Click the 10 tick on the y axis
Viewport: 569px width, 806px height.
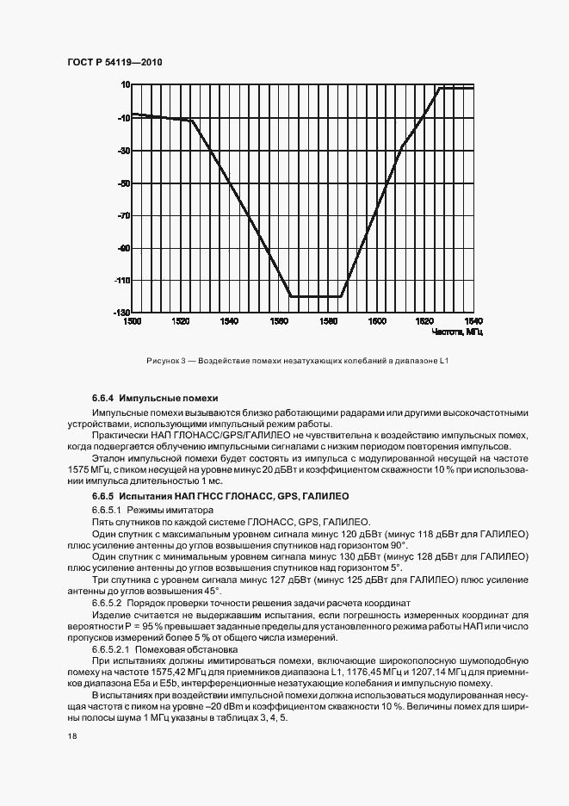(x=124, y=85)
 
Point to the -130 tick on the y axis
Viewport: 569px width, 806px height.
(x=122, y=312)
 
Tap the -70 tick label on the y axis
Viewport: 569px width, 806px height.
(x=124, y=216)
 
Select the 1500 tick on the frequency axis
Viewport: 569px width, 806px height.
(x=132, y=321)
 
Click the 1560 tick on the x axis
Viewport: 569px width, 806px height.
(x=278, y=321)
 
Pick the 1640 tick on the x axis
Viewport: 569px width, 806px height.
(x=473, y=321)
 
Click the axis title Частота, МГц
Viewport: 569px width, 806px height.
(x=457, y=332)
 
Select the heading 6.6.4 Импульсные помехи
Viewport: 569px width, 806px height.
(x=155, y=399)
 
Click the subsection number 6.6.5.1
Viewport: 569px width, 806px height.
(x=108, y=511)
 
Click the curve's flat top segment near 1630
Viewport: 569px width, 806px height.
(x=456, y=88)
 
